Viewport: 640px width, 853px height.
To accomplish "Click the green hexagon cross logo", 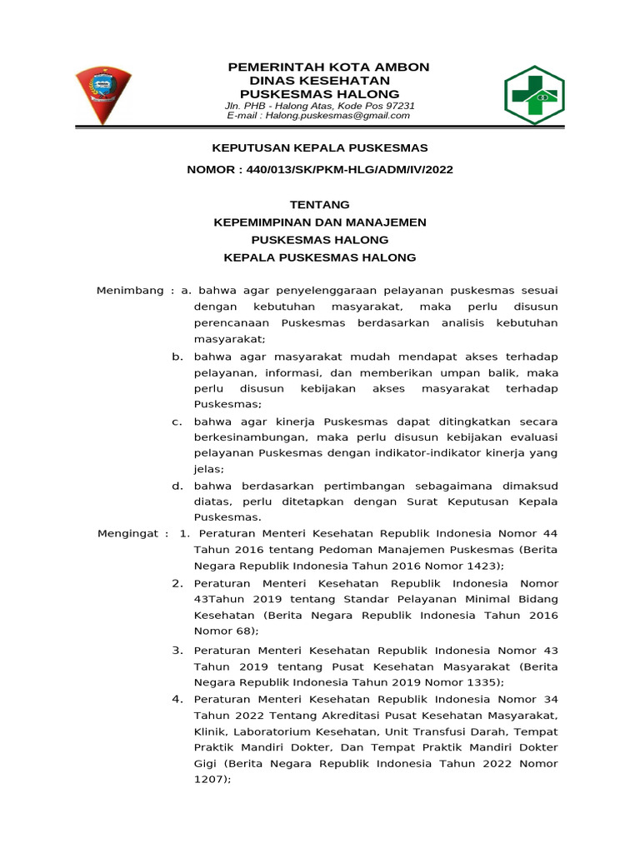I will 534,95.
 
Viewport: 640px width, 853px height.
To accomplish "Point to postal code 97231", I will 399,106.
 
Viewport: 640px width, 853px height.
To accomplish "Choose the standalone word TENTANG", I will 319,205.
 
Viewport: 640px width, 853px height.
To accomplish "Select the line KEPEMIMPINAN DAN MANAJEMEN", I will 320,222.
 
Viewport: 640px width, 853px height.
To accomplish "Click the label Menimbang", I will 130,291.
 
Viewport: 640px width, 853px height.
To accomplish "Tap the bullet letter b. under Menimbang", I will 177,357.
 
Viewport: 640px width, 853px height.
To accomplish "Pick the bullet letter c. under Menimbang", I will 177,422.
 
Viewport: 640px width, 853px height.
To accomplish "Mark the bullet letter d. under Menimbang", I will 177,486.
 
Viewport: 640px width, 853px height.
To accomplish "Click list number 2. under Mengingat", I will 177,583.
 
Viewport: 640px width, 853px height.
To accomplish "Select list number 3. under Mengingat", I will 177,649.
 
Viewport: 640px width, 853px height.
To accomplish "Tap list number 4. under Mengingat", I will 177,698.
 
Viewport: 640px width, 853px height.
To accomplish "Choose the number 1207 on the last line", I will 209,779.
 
